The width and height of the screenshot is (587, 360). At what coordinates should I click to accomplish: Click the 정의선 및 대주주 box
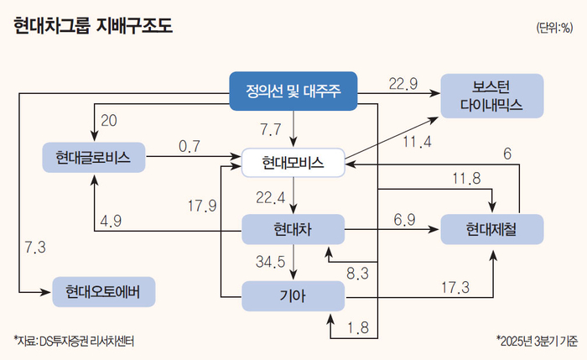pyautogui.click(x=293, y=91)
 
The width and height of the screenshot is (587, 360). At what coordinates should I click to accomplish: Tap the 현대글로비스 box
pyautogui.click(x=93, y=157)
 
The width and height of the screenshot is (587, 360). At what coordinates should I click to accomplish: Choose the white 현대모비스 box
pyautogui.click(x=293, y=161)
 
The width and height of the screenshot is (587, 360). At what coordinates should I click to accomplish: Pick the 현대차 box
pyautogui.click(x=293, y=228)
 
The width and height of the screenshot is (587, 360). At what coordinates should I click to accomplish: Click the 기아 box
pyautogui.click(x=293, y=295)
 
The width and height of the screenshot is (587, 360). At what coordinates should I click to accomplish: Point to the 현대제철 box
pyautogui.click(x=491, y=228)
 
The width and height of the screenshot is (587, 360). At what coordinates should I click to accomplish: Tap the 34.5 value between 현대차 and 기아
pyautogui.click(x=270, y=262)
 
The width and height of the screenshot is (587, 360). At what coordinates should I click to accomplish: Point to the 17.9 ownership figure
pyautogui.click(x=202, y=205)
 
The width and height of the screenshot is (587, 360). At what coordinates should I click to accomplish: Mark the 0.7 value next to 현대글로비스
pyautogui.click(x=189, y=146)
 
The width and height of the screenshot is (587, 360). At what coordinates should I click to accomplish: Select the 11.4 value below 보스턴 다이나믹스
pyautogui.click(x=417, y=142)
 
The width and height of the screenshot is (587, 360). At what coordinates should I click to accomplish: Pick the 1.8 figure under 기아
pyautogui.click(x=358, y=327)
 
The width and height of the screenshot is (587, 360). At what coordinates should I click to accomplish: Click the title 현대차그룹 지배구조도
pyautogui.click(x=93, y=27)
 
